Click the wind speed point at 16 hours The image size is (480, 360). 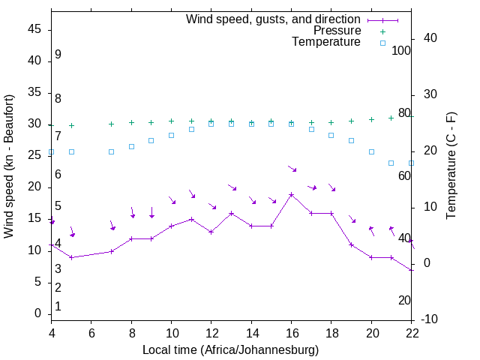tap(292, 194)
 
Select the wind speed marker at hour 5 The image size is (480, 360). tap(71, 257)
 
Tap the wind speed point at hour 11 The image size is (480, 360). tap(191, 219)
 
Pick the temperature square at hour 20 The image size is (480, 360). tap(371, 151)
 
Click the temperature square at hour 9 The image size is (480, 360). tap(151, 140)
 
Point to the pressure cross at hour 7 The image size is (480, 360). tap(111, 124)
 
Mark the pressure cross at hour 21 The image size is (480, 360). tap(391, 118)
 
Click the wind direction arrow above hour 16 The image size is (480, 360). tap(292, 169)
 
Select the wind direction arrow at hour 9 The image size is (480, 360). tap(151, 212)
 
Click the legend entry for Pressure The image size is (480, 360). tap(337, 31)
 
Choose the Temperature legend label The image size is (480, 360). tap(326, 42)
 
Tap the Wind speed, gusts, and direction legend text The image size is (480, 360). tap(273, 19)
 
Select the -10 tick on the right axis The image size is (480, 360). tap(430, 319)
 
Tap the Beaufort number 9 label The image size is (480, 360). tap(58, 55)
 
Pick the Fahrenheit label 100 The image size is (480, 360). tap(401, 50)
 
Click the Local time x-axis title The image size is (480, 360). tap(231, 349)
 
